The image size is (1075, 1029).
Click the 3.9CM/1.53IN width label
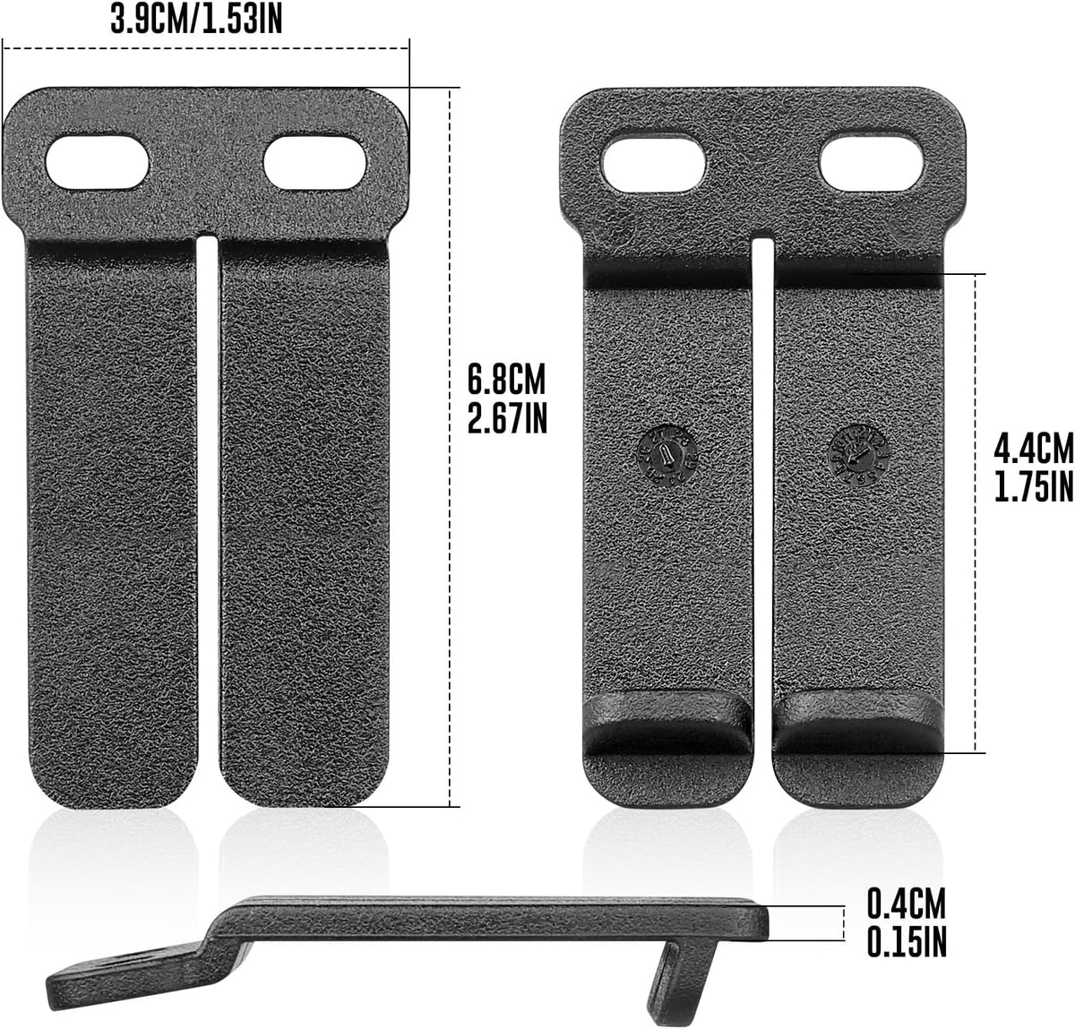tap(196, 18)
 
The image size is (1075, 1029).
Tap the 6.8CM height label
tap(506, 380)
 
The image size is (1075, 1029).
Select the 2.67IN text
tap(507, 418)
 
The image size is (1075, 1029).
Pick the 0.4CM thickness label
tap(906, 902)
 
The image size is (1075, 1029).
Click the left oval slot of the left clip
tap(98, 162)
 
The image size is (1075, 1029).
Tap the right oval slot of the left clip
tap(315, 162)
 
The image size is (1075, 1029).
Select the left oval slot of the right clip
tap(653, 163)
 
